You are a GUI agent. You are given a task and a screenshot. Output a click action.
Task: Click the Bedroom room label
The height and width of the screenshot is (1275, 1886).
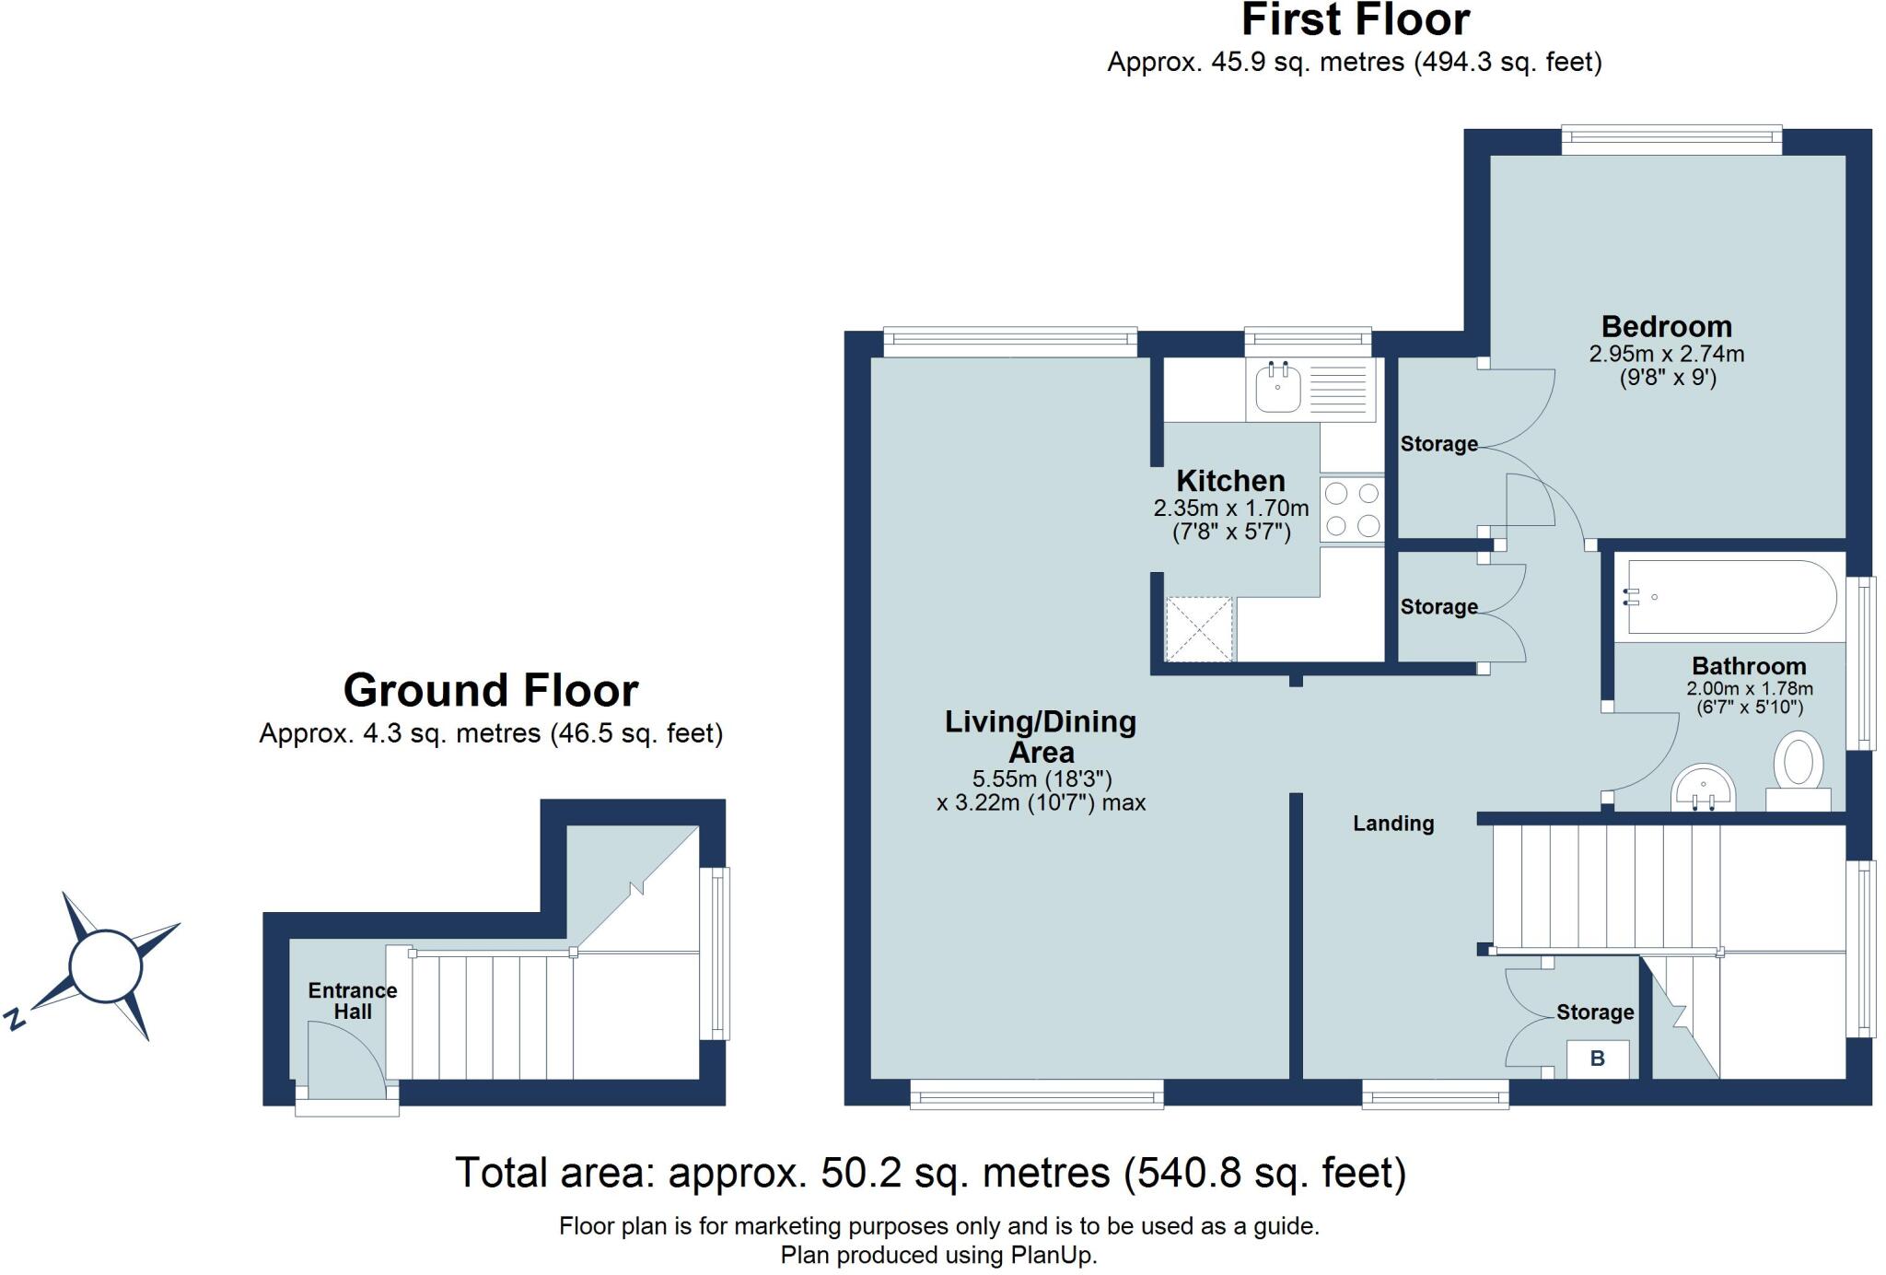point(1667,327)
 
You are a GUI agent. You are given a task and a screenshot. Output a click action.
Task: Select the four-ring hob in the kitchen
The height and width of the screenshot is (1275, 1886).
point(1352,509)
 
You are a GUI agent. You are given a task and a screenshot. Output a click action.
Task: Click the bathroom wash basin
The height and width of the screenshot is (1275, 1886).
point(1704,789)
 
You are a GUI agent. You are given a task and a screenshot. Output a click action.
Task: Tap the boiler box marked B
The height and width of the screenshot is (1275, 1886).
point(1598,1059)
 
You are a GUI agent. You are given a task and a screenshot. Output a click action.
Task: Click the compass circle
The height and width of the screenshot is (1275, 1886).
point(106,966)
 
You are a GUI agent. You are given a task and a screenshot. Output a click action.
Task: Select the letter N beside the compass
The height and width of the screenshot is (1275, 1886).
point(14,1019)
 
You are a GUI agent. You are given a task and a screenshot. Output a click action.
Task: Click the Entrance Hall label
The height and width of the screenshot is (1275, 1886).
point(353,1001)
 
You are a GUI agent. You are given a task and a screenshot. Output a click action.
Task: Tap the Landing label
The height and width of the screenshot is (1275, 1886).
point(1393,824)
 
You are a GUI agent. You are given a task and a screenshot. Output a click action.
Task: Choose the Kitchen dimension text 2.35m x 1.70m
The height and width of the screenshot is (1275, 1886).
point(1231,508)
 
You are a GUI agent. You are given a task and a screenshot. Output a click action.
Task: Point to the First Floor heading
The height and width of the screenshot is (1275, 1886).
point(1356,20)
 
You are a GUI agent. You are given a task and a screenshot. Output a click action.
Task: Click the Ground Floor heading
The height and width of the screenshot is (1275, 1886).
point(491,690)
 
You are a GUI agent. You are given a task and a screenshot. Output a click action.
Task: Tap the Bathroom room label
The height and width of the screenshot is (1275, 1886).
point(1749,666)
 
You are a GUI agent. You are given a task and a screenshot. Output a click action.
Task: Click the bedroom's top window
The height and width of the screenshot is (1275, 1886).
point(1671,140)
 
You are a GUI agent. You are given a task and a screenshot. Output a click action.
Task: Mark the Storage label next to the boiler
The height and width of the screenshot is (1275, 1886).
point(1595,1012)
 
